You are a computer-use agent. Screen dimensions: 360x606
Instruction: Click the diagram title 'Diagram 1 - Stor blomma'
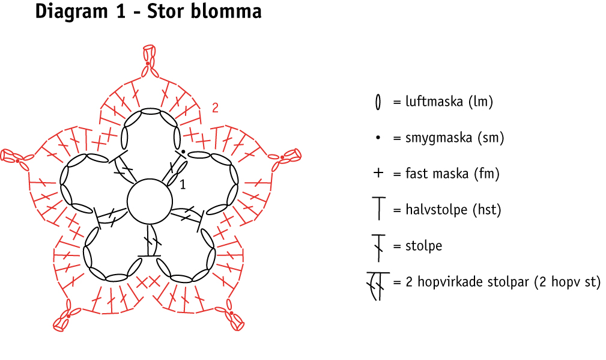pos(148,12)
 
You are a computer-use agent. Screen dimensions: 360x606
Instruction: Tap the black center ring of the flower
pos(148,201)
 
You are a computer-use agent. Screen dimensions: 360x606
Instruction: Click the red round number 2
pos(215,108)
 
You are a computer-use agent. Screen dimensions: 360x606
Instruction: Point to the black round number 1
pos(183,185)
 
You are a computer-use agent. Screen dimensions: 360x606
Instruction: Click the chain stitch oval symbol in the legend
pos(378,102)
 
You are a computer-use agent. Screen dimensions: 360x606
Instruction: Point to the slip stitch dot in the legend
pos(378,138)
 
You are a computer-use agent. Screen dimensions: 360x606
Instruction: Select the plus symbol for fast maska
pos(378,174)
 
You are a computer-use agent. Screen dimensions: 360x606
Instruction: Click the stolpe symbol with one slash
pos(378,246)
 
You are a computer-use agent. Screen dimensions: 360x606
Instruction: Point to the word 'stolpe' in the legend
pos(423,246)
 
